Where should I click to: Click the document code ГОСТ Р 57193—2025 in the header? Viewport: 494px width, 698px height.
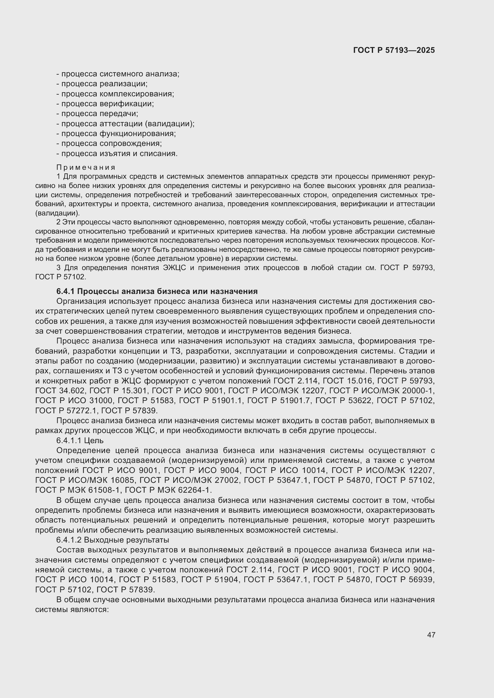(394, 50)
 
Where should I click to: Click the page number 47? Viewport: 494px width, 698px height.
(431, 635)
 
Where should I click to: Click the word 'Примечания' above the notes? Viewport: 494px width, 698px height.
(86, 167)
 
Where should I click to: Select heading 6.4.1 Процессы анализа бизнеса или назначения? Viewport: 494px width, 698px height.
(157, 291)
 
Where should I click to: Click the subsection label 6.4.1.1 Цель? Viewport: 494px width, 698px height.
(80, 440)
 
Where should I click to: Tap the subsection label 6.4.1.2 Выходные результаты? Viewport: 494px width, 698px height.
(113, 540)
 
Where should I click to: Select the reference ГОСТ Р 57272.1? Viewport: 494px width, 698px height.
(66, 411)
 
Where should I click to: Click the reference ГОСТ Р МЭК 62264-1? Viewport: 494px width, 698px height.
(168, 490)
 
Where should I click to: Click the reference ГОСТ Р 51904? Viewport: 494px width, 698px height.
(210, 580)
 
